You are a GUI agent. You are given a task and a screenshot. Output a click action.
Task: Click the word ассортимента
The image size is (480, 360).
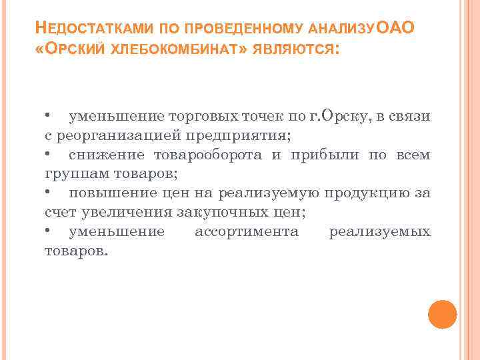click(247, 233)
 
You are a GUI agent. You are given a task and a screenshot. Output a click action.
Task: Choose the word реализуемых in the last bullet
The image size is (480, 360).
click(380, 233)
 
